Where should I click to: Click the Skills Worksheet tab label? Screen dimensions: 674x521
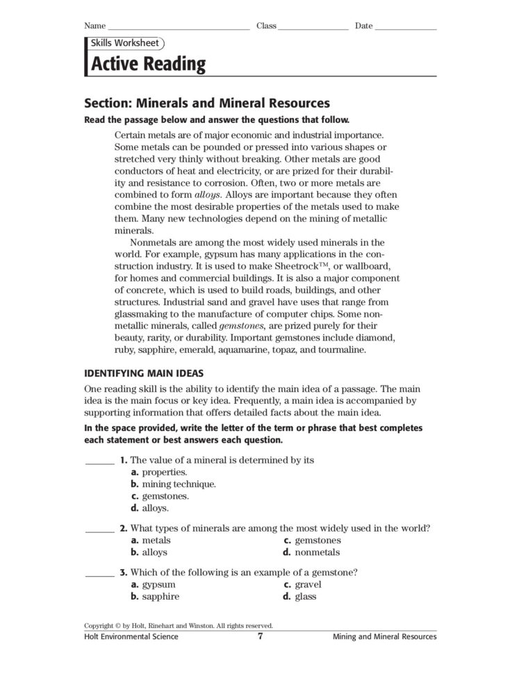tap(122, 43)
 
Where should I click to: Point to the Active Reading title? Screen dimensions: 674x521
tap(149, 65)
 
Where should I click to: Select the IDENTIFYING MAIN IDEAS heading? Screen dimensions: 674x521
tap(143, 373)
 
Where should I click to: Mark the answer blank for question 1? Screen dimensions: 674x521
tap(99, 461)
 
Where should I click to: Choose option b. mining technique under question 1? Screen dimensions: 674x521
tap(174, 484)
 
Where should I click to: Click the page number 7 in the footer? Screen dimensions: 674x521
tap(260, 636)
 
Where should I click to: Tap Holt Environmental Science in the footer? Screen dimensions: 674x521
tap(131, 636)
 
